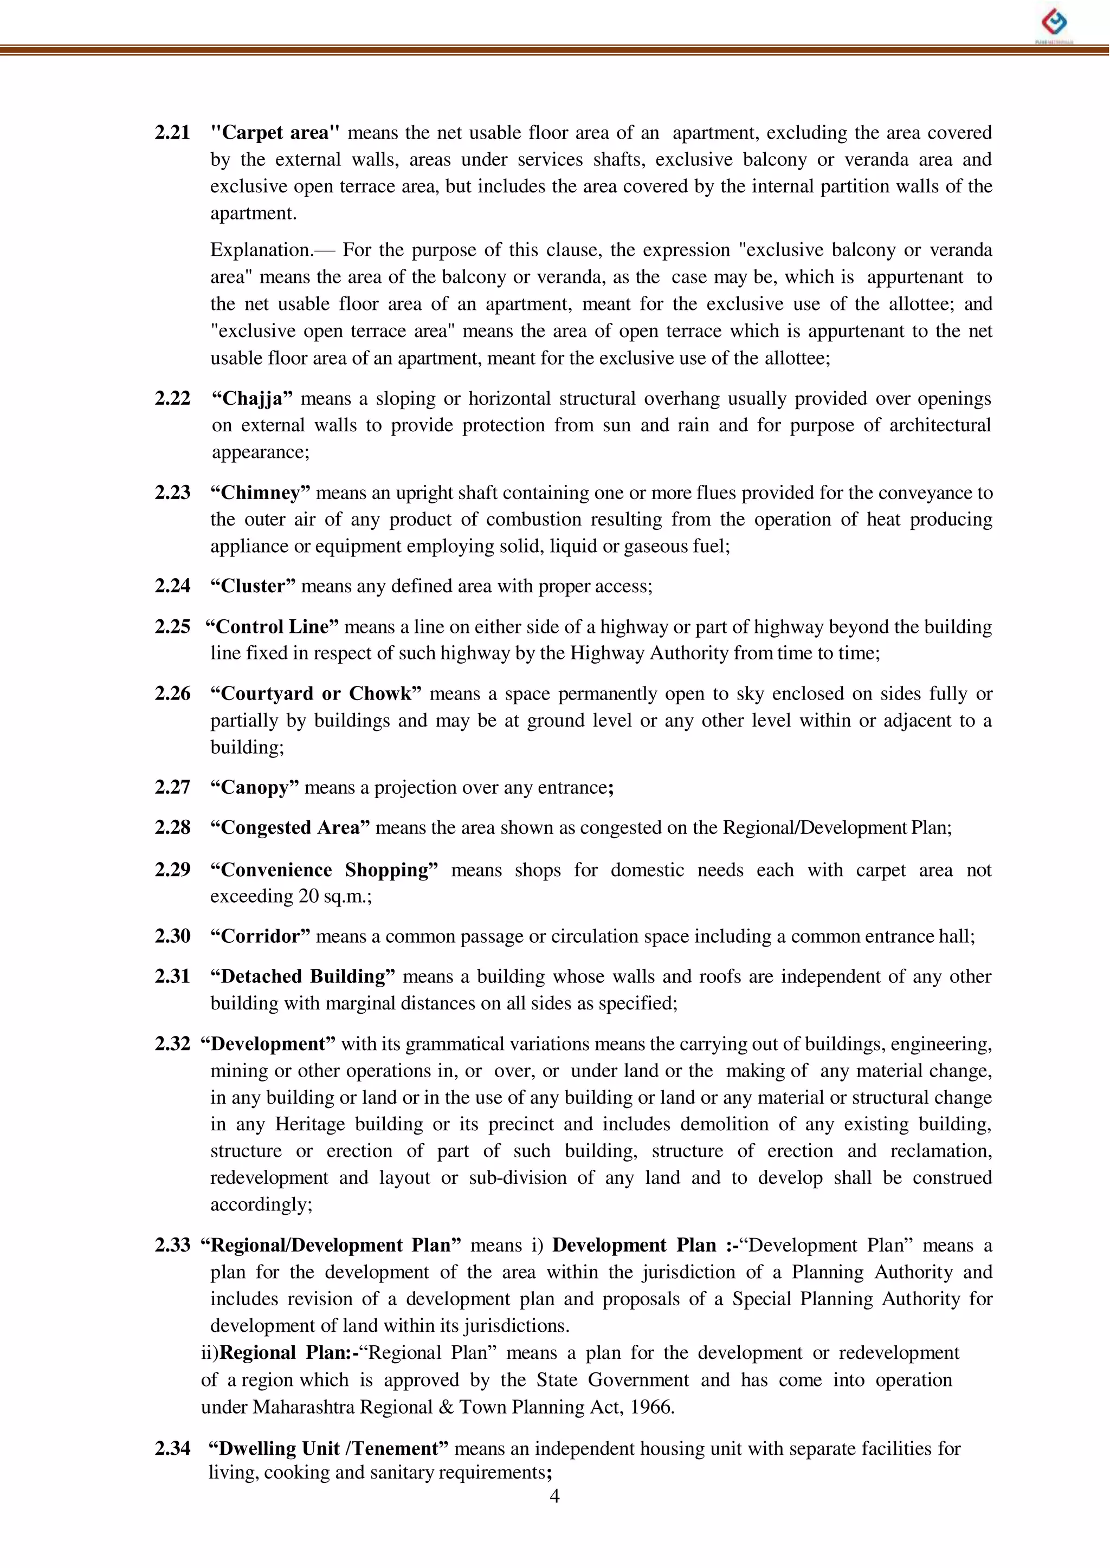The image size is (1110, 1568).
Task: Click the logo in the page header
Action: coord(1054,23)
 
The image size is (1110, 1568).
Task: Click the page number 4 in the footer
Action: coord(554,1497)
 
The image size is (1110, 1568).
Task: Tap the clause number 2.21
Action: coord(172,133)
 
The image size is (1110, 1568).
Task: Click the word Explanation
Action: coord(260,250)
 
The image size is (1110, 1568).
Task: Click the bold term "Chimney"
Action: coord(260,493)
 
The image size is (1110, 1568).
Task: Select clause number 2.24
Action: coord(172,586)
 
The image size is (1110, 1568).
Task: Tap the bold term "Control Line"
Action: coord(272,626)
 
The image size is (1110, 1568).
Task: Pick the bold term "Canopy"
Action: coord(254,788)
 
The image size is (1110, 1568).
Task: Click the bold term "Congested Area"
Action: coord(290,828)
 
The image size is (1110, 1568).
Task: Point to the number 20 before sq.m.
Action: coord(309,896)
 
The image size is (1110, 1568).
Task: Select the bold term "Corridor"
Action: coord(260,936)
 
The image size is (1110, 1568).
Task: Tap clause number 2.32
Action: coord(172,1044)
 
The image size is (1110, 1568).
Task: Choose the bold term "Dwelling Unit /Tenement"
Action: coord(328,1448)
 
